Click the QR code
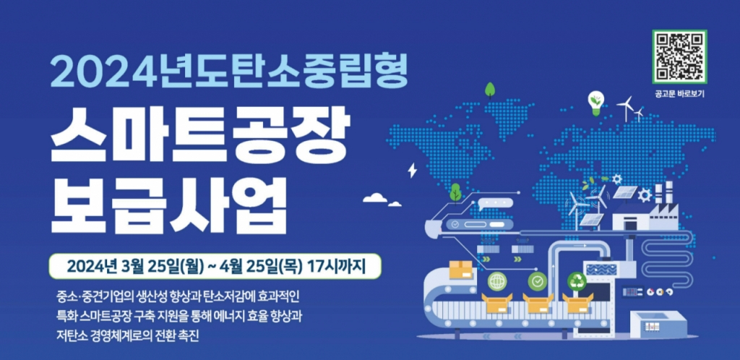679,56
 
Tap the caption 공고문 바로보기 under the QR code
679,94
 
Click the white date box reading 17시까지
214,267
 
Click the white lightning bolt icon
413,170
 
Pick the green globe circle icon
497,282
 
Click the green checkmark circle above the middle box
537,282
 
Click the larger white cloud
375,197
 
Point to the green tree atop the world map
490,89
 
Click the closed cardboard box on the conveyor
461,270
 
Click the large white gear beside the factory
644,194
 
